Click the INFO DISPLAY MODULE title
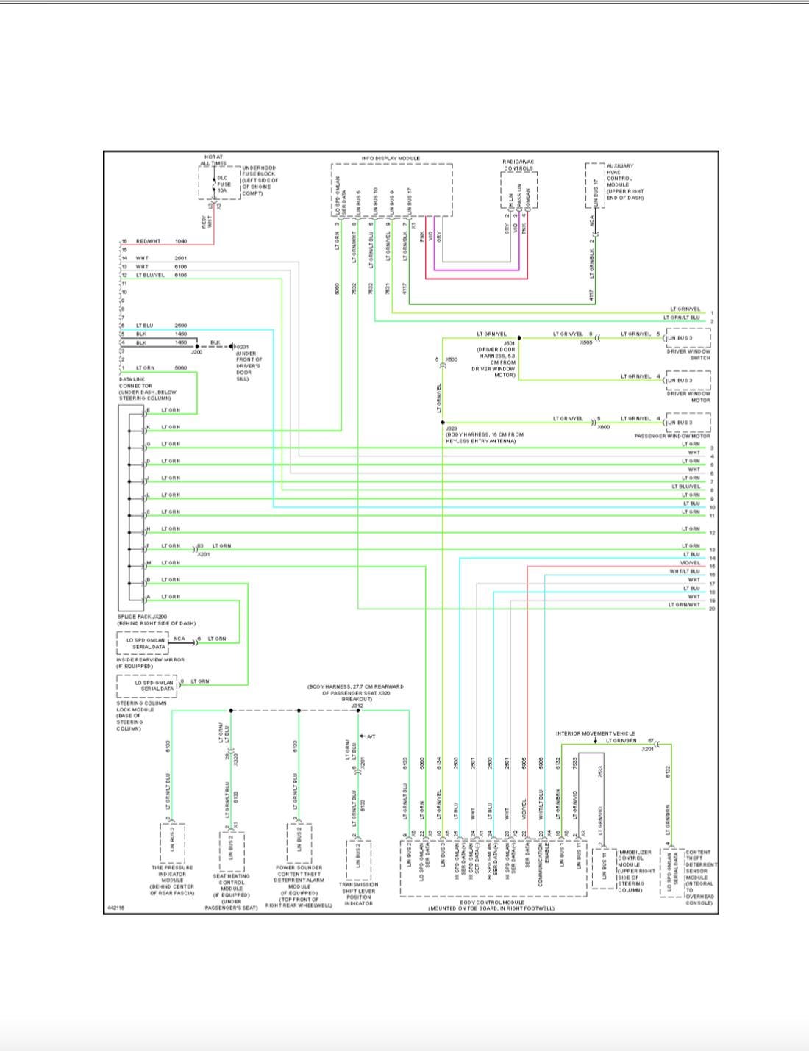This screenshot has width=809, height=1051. click(x=391, y=159)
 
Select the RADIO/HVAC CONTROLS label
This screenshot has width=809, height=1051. click(x=518, y=165)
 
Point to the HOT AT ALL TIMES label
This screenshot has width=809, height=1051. click(x=214, y=159)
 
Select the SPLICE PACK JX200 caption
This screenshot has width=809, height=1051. click(x=156, y=620)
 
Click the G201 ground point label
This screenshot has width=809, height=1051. click(x=243, y=347)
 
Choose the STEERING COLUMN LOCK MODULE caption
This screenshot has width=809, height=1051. click(x=141, y=716)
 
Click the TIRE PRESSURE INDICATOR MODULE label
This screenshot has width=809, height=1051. click(x=172, y=880)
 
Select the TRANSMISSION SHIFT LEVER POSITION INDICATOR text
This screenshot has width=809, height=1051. click(x=358, y=894)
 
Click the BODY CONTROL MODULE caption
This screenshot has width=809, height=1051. click(x=492, y=905)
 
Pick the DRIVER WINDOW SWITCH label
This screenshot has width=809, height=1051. click(x=688, y=354)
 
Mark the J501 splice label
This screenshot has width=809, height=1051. click(x=509, y=342)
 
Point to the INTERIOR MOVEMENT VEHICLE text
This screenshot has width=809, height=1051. click(x=595, y=733)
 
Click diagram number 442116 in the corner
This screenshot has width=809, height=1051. click(x=115, y=908)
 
